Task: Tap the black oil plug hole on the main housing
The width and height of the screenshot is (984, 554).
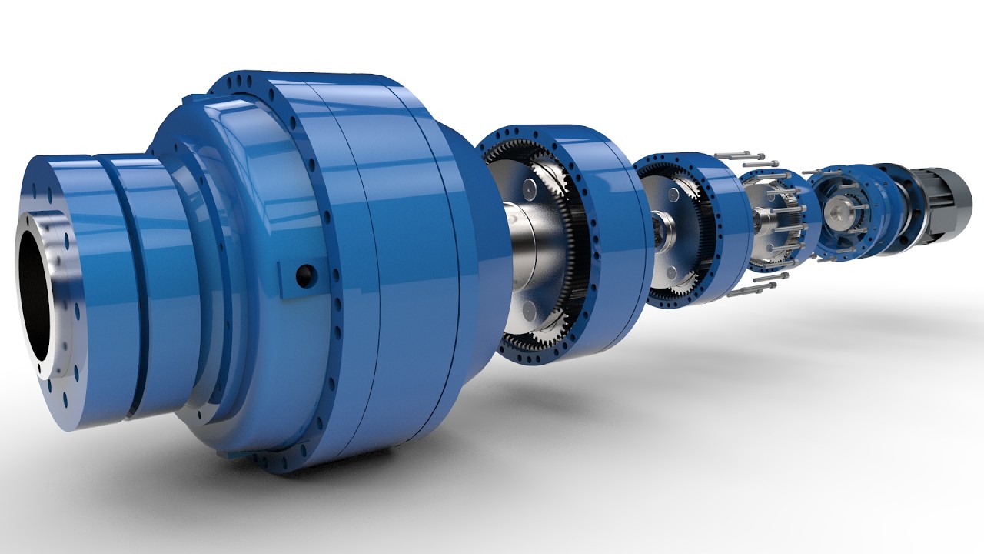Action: pos(306,272)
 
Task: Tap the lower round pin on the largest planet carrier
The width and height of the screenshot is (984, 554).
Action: pos(530,311)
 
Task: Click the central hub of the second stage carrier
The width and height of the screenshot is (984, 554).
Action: pos(663,227)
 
